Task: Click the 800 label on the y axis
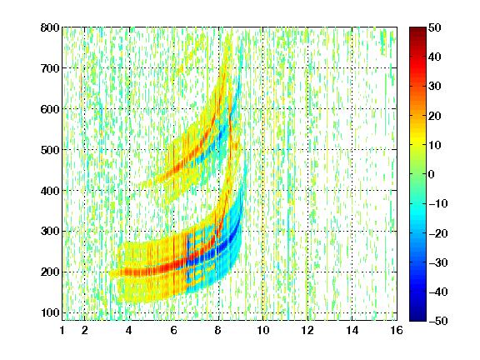(50, 27)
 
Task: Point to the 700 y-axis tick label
(50, 68)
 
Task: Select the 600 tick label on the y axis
(50, 109)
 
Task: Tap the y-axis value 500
(50, 150)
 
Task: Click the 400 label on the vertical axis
(50, 191)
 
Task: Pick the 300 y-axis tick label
(50, 232)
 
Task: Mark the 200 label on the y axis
(50, 272)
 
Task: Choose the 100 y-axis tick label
(50, 312)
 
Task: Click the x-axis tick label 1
(62, 330)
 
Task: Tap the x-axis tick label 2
(85, 330)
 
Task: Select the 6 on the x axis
(174, 330)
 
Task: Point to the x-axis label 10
(263, 330)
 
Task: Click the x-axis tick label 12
(307, 330)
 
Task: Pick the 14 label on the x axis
(352, 330)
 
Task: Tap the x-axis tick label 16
(397, 330)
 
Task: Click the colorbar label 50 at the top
(435, 27)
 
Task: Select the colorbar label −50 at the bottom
(438, 321)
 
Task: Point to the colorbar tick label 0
(432, 174)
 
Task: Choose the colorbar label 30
(435, 87)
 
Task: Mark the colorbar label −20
(438, 233)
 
